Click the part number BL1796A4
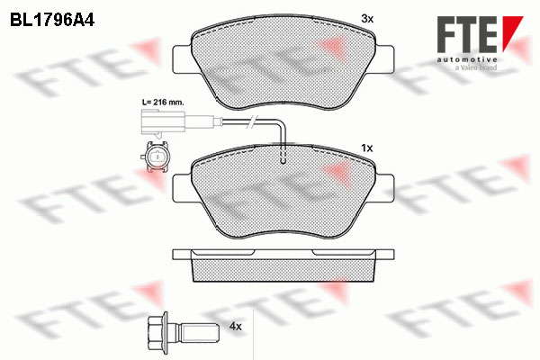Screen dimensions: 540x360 tap(52, 21)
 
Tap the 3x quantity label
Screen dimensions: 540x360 tap(367, 19)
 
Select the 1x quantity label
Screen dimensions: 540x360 tap(367, 148)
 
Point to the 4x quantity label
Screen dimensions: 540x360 tap(236, 326)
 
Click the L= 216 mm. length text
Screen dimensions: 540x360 tap(163, 103)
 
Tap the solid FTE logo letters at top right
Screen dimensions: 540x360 tap(467, 34)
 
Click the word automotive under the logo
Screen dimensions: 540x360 tap(467, 59)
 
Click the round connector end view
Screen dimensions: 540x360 tap(156, 157)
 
